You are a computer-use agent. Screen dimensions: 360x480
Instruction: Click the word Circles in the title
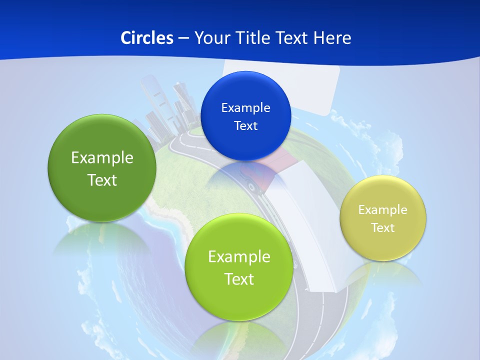146,38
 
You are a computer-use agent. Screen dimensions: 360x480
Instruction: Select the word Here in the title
332,38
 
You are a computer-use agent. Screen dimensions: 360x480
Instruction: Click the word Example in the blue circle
245,107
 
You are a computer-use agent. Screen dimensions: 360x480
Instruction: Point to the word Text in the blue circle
245,125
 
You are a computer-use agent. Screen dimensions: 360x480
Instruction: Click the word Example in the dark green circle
102,157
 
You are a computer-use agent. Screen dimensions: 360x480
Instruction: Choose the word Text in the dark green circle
102,180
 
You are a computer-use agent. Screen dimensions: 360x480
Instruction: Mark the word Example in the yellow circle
383,209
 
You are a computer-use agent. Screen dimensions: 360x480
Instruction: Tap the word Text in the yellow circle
383,227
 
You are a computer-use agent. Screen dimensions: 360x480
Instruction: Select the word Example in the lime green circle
239,256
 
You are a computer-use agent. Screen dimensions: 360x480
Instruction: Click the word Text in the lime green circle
239,279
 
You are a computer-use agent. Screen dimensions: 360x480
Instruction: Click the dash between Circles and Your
183,38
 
